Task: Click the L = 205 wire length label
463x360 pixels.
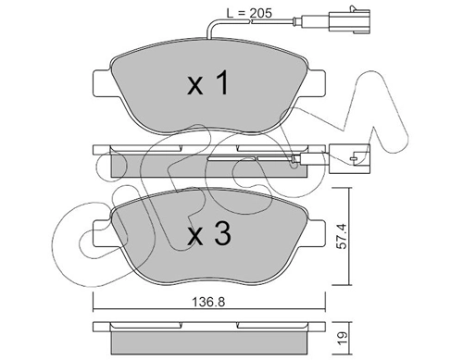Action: (x=249, y=13)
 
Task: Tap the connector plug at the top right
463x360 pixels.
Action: (x=350, y=20)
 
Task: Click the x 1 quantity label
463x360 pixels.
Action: (x=208, y=82)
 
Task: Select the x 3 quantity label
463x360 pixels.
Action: (x=209, y=234)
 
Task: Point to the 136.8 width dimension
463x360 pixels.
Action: (x=208, y=302)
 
